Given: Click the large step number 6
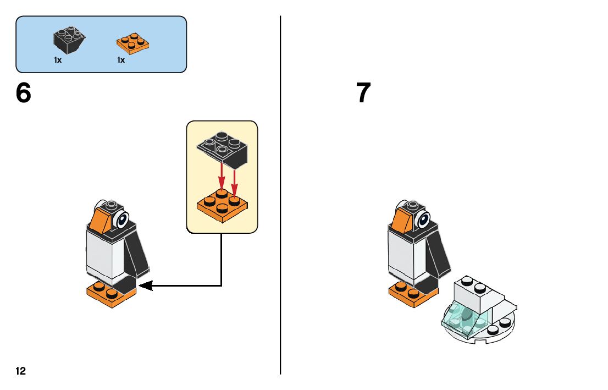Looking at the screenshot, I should (x=24, y=94).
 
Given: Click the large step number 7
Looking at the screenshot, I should (x=363, y=94).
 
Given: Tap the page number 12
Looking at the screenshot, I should (x=20, y=371).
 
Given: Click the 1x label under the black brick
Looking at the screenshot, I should (x=58, y=60).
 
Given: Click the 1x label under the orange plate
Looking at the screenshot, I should (x=121, y=60).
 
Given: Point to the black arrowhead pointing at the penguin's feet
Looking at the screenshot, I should (x=145, y=285).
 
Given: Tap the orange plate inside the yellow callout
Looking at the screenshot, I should (x=222, y=206).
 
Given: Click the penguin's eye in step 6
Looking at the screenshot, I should (x=122, y=221).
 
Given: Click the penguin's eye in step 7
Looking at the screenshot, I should (x=424, y=220).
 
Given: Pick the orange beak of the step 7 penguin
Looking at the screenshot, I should (x=401, y=218).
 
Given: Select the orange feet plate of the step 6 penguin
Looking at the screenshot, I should (x=110, y=294).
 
